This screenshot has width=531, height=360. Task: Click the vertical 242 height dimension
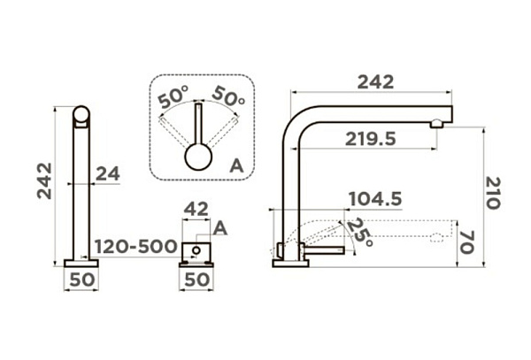pos(45,181)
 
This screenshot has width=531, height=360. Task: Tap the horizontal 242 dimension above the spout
pos(375,82)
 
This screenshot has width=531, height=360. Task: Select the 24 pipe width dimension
pos(108,174)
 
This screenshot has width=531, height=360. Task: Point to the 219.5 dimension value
pos(371,139)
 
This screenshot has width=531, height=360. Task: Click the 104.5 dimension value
pos(375,199)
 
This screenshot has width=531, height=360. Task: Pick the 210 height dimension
pos(493,193)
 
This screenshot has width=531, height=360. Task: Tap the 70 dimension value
pos(467,242)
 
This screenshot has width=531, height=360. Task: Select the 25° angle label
pos(359,233)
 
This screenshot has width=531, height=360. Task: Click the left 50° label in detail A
pos(173,96)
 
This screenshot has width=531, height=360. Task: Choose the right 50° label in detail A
pos(229,96)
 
